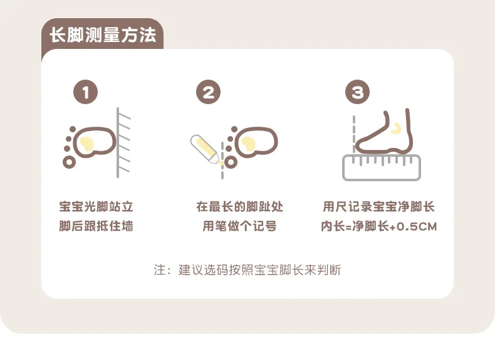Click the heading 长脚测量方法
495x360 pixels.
pyautogui.click(x=103, y=34)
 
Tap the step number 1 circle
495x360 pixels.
pyautogui.click(x=85, y=92)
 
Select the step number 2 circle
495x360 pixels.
pyautogui.click(x=209, y=92)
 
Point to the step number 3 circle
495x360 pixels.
pyautogui.click(x=357, y=92)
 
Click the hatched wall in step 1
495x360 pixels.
pyautogui.click(x=123, y=142)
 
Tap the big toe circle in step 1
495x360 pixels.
pyautogui.click(x=69, y=162)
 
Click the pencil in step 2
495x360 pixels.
pyautogui.click(x=204, y=149)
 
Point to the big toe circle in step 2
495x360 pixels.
pyautogui.click(x=231, y=162)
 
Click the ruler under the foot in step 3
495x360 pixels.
pyautogui.click(x=382, y=168)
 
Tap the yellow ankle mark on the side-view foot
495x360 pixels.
pyautogui.click(x=396, y=129)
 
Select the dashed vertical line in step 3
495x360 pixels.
pyautogui.click(x=354, y=134)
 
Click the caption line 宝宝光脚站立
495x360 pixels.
pyautogui.click(x=96, y=207)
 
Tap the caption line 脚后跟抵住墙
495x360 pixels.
pyautogui.click(x=96, y=226)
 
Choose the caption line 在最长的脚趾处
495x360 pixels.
pyautogui.click(x=239, y=207)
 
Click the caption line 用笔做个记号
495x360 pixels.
pyautogui.click(x=239, y=226)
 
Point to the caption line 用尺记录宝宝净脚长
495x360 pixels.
pyautogui.click(x=379, y=207)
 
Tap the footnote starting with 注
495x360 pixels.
pyautogui.click(x=247, y=270)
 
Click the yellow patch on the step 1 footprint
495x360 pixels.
pyautogui.click(x=86, y=144)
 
